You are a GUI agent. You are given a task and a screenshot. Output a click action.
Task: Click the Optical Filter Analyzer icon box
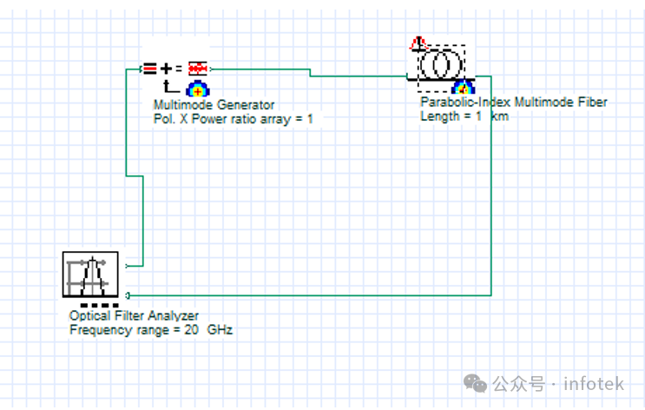pyautogui.click(x=90, y=274)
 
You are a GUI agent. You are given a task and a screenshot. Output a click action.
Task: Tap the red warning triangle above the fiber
pyautogui.click(x=418, y=43)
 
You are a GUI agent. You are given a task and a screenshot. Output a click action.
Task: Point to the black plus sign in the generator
pyautogui.click(x=166, y=68)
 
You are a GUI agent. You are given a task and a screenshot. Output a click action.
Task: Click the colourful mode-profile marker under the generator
pyautogui.click(x=196, y=87)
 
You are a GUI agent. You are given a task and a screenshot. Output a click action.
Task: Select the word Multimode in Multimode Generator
pyautogui.click(x=180, y=105)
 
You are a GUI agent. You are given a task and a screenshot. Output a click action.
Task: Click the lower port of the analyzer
pyautogui.click(x=128, y=295)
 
